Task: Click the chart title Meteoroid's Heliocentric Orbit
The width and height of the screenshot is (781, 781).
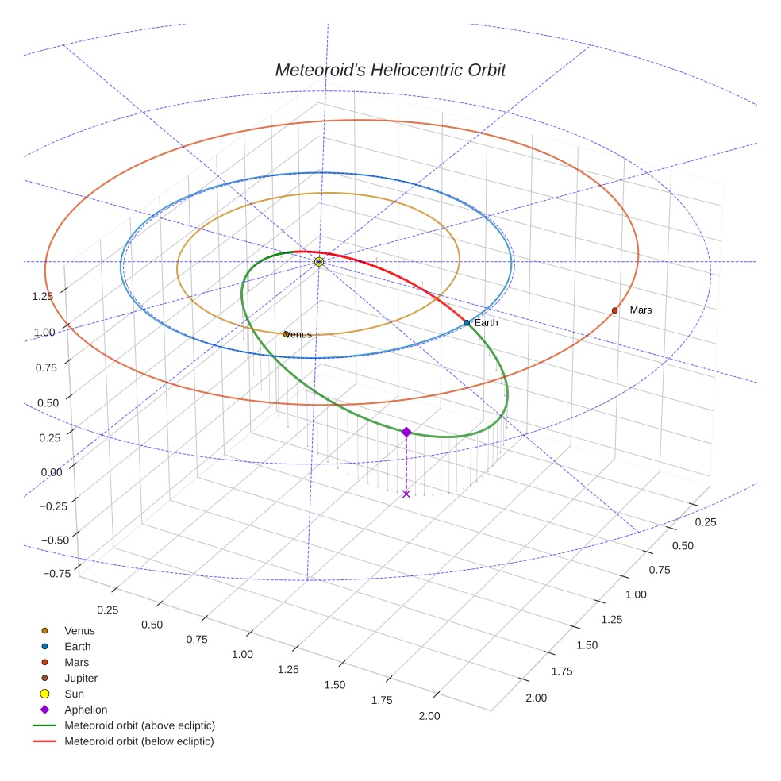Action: [390, 70]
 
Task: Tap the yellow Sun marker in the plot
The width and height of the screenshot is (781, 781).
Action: [319, 261]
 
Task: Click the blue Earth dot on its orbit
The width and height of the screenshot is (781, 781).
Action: [467, 322]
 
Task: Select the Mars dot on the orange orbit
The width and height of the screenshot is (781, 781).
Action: [614, 310]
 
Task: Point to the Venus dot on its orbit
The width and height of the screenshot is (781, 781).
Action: [286, 334]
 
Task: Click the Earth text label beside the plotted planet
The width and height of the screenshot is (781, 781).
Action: [487, 322]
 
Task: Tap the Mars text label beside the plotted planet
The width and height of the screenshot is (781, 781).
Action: [641, 310]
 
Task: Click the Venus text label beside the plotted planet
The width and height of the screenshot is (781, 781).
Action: [299, 334]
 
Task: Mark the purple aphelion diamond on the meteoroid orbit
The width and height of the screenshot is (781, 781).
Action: [406, 432]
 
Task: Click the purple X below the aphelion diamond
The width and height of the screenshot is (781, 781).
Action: [406, 494]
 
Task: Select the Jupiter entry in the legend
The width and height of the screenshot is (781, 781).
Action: [81, 678]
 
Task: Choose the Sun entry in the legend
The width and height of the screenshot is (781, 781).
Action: [74, 694]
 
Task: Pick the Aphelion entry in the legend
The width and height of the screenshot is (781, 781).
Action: [85, 710]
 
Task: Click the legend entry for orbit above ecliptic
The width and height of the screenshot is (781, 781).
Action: [140, 725]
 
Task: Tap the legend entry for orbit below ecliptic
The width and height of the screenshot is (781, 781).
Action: [139, 741]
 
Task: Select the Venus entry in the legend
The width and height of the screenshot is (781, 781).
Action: [79, 630]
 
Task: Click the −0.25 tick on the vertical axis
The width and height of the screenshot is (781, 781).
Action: [47, 506]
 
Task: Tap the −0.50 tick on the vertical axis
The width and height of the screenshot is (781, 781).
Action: [47, 540]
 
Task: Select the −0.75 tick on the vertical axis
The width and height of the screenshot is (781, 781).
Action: [47, 574]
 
